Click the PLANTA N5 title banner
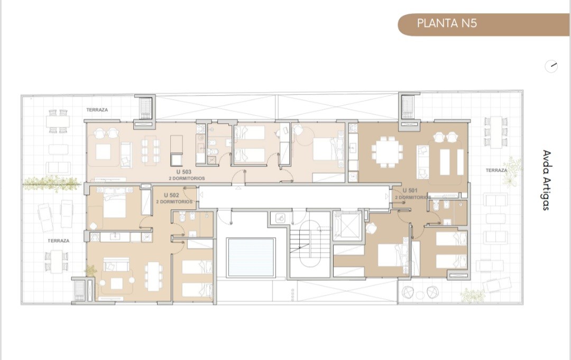coord(484,24)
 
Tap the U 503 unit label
coord(184,172)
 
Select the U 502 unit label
coord(171,195)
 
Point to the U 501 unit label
coord(410,190)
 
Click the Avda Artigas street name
coord(546,180)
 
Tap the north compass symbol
coord(551,66)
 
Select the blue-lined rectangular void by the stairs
coord(251,257)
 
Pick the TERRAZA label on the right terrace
coord(496,170)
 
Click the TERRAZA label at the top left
coord(97,109)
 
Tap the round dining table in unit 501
coord(386,152)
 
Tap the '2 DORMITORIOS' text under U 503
coord(187,178)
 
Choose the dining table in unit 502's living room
coord(153,276)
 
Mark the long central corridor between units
coord(293,197)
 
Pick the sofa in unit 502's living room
coord(116,264)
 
